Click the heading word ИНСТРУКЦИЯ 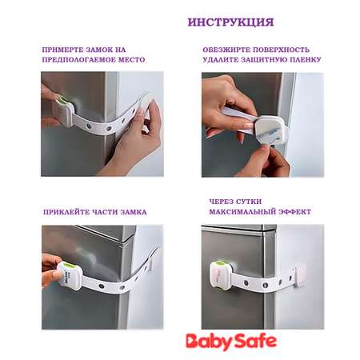230,22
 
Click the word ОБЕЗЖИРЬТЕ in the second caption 226,50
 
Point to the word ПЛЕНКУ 304,60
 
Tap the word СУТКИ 249,202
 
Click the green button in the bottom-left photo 68,266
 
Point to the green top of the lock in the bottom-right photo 220,263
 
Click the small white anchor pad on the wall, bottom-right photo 300,274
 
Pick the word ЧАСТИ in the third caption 105,212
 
